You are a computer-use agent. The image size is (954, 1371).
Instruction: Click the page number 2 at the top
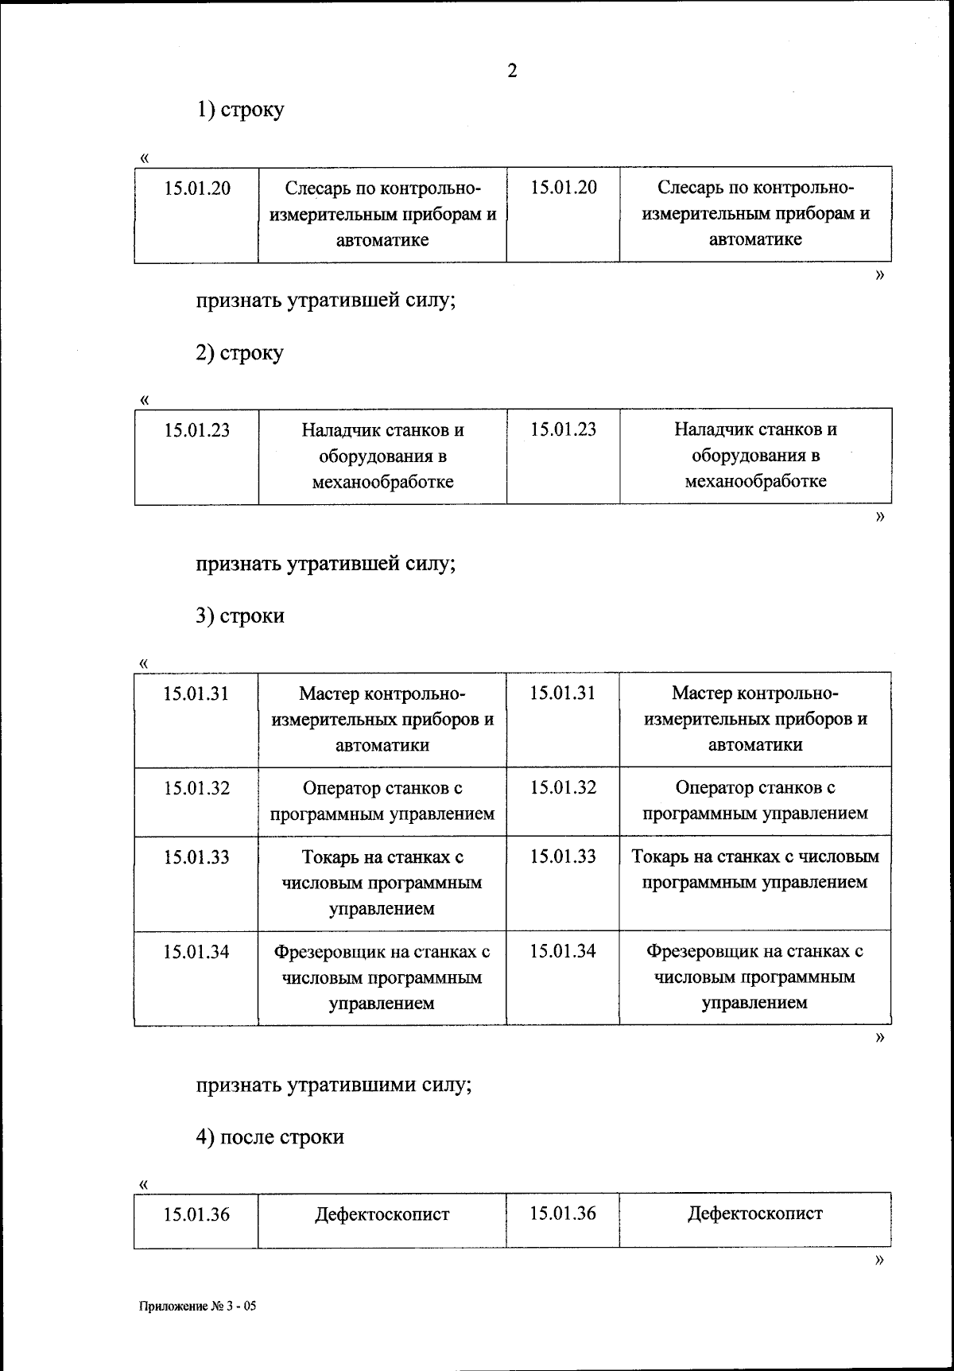click(511, 72)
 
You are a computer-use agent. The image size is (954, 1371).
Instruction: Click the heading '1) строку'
click(240, 109)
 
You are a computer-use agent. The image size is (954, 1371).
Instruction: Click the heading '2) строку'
click(240, 352)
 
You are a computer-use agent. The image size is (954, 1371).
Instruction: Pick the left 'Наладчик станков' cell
click(382, 456)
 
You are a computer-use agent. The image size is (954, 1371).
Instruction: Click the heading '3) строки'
click(240, 616)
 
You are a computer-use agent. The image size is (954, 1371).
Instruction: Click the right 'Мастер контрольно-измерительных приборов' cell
click(754, 719)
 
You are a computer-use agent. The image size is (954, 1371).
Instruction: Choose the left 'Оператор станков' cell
click(382, 801)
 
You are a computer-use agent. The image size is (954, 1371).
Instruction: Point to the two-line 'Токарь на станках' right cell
click(754, 869)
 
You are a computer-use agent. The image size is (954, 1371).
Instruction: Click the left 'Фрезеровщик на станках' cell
click(382, 977)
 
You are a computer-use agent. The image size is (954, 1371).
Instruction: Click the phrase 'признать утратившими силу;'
click(334, 1085)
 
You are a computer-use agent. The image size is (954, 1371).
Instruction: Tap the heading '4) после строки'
click(270, 1136)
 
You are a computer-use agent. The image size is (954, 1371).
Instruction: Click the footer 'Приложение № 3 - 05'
click(198, 1306)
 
